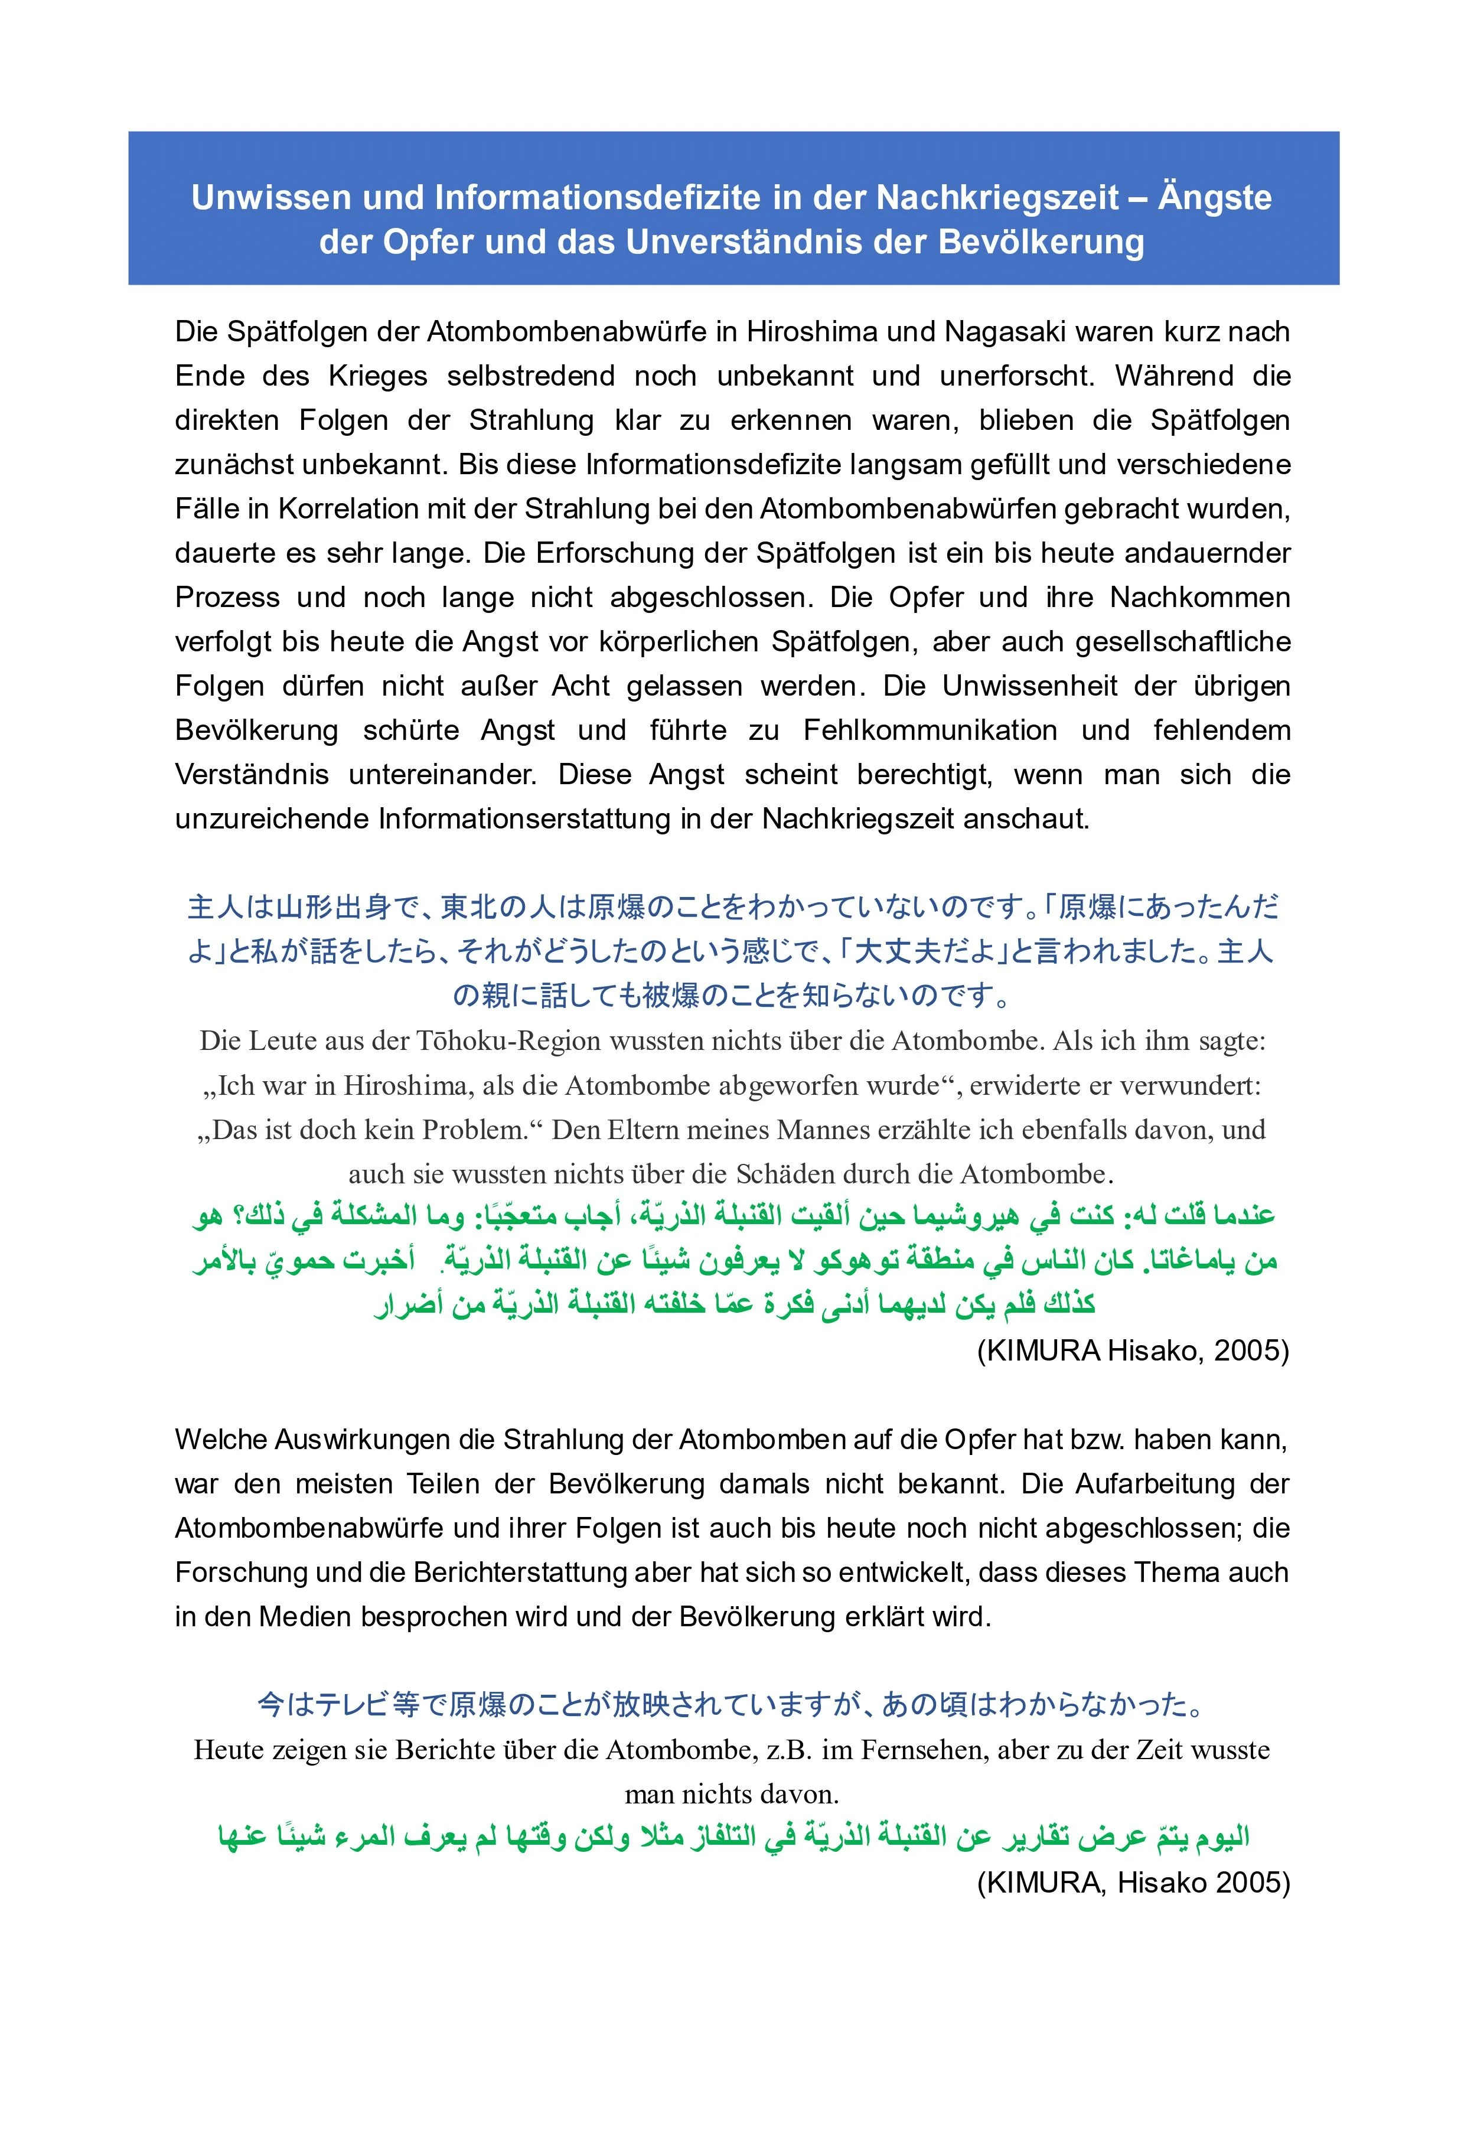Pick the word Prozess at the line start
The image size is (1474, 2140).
click(227, 598)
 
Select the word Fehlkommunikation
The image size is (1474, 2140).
click(930, 730)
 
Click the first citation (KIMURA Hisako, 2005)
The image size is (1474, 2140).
click(1132, 1350)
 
